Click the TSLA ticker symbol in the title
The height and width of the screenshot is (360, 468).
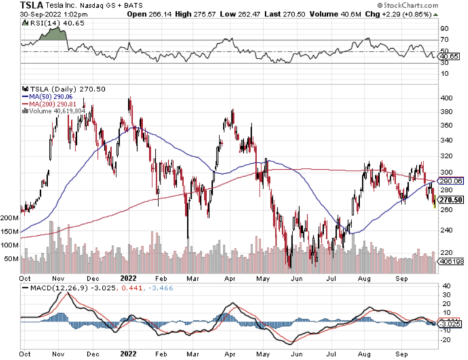point(13,5)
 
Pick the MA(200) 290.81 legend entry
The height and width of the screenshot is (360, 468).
point(51,104)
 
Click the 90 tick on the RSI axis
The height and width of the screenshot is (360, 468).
point(444,28)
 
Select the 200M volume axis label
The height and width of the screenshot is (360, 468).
point(10,217)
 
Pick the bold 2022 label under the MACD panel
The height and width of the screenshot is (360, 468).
point(129,352)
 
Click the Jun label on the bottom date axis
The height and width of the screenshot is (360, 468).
point(297,352)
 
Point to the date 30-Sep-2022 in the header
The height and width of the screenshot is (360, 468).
point(24,13)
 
